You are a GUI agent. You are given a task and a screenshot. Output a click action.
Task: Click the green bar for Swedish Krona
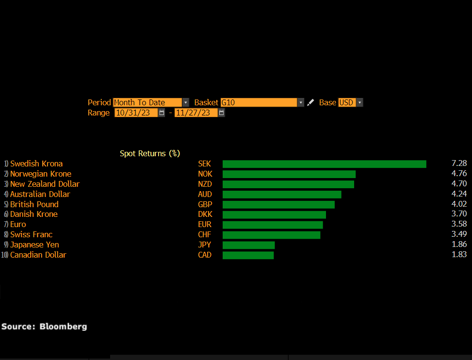[x=324, y=164]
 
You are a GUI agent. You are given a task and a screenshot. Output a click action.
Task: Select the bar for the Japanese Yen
[x=248, y=245]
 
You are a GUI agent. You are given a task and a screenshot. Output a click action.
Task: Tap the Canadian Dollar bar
[x=248, y=255]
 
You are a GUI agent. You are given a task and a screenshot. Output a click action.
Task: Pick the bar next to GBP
[x=278, y=205]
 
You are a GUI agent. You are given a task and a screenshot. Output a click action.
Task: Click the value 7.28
[x=459, y=164]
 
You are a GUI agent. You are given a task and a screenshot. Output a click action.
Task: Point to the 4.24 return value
[x=459, y=194]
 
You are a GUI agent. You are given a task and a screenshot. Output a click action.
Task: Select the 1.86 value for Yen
[x=459, y=245]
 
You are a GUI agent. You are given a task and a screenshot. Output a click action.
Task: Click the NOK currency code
[x=205, y=174]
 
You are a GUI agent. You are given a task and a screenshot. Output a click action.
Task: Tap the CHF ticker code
[x=205, y=235]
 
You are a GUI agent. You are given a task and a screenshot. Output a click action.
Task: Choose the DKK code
[x=205, y=214]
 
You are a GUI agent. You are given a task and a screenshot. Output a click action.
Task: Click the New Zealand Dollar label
[x=45, y=184]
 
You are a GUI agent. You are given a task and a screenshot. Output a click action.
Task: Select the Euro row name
[x=18, y=225]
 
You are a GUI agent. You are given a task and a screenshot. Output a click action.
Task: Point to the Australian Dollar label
[x=40, y=195]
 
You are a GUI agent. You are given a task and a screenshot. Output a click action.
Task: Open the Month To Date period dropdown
[x=185, y=102]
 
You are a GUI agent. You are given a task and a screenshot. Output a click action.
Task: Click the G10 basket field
[x=259, y=102]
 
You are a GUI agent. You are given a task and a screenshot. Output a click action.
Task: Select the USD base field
[x=346, y=102]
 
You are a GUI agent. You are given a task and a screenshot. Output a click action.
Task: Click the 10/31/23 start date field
[x=136, y=113]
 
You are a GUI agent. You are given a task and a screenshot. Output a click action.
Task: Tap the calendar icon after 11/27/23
[x=221, y=113]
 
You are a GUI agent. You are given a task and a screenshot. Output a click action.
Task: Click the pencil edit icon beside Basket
[x=310, y=102]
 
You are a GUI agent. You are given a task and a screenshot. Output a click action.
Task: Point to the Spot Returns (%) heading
[x=150, y=153]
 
